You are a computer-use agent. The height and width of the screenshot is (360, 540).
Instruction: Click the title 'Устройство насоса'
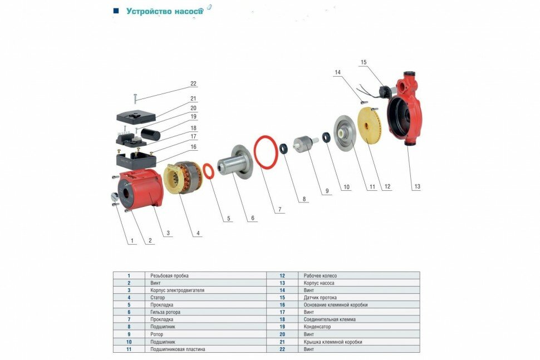(164, 11)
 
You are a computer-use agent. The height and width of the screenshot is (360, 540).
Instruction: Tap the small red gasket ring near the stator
(208, 171)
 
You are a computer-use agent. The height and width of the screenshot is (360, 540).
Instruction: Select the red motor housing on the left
(139, 189)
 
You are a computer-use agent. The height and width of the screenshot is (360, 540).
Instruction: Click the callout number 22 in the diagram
(193, 84)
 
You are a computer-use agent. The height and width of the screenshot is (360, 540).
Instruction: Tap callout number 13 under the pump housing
(416, 187)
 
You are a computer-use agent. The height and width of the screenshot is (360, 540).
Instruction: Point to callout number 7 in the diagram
(280, 210)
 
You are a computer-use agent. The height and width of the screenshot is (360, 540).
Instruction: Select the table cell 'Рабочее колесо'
(320, 275)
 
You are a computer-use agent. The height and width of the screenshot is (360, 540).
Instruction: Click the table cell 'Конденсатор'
(317, 327)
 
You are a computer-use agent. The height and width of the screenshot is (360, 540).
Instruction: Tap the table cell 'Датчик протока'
(320, 298)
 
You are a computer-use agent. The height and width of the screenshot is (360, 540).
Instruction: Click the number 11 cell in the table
(129, 349)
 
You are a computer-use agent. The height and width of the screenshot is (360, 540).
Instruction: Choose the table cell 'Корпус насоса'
(319, 283)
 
